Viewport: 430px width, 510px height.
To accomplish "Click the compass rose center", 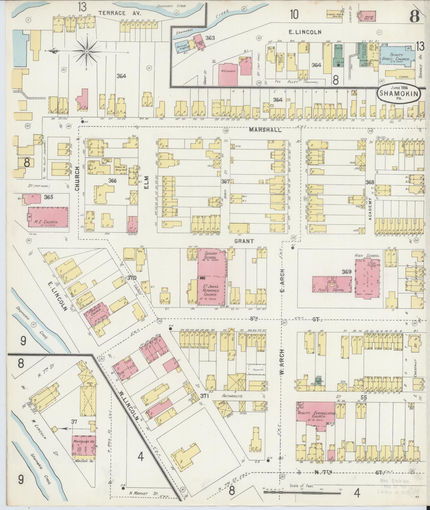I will click(x=87, y=51).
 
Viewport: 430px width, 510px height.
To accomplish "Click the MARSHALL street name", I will click(x=265, y=130).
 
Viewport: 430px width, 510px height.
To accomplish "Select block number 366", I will click(x=112, y=180).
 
